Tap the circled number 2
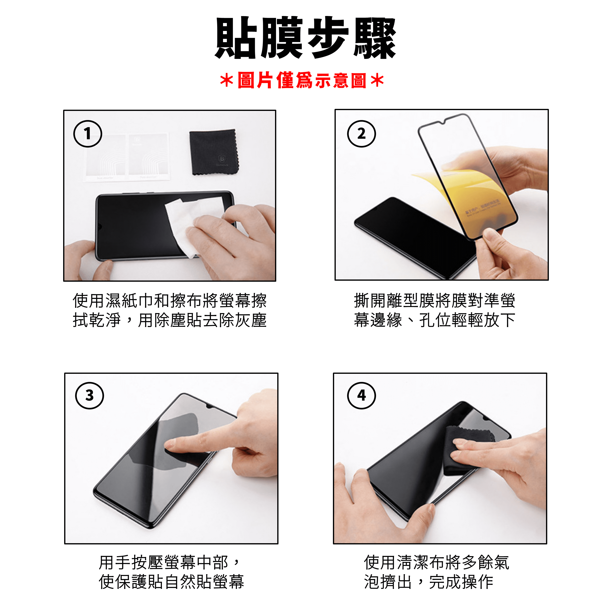pyautogui.click(x=361, y=134)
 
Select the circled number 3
pyautogui.click(x=90, y=396)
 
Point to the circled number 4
pyautogui.click(x=361, y=396)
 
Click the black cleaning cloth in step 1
pyautogui.click(x=214, y=152)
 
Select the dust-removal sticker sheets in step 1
pyautogui.click(x=127, y=157)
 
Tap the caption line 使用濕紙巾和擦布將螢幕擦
pyautogui.click(x=170, y=300)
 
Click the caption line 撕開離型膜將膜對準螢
pyautogui.click(x=435, y=300)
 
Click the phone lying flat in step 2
pyautogui.click(x=412, y=238)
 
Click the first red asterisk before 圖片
pyautogui.click(x=227, y=81)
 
